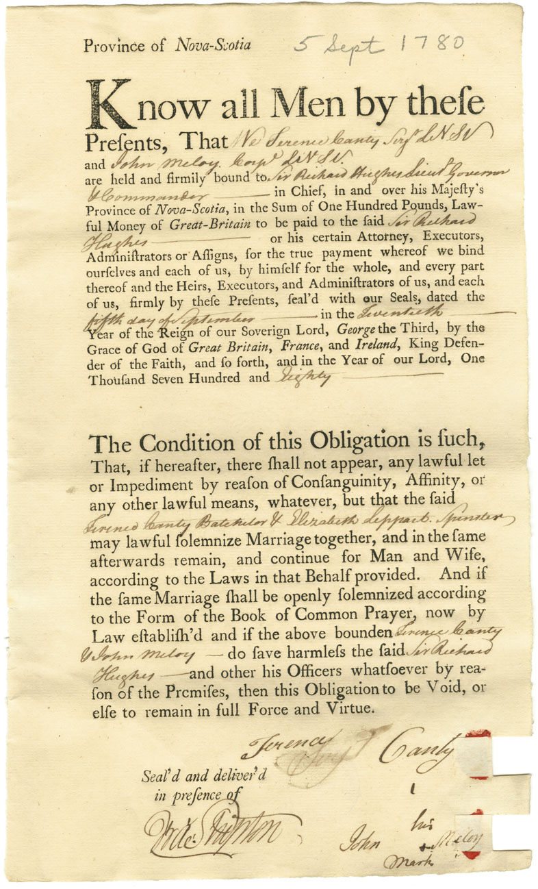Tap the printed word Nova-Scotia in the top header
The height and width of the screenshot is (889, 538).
tap(212, 46)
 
